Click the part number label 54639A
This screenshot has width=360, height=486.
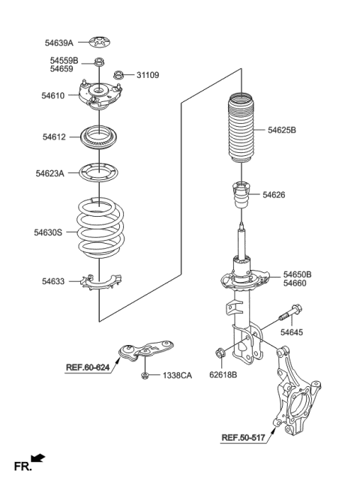tap(59, 43)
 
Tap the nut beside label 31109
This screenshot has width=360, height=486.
tap(118, 75)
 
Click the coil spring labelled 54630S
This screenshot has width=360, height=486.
tap(100, 229)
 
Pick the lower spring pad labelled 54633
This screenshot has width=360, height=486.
tap(100, 282)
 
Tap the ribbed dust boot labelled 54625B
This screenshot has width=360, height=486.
tap(241, 127)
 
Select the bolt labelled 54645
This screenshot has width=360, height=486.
tap(290, 313)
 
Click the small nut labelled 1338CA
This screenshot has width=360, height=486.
tap(145, 376)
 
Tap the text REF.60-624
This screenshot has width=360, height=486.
tap(88, 367)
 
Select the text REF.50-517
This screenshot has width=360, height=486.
tap(244, 438)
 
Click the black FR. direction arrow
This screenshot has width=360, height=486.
tap(37, 458)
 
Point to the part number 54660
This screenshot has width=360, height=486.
tap(295, 283)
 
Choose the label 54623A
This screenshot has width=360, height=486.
tap(50, 173)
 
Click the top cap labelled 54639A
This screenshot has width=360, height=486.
tap(100, 42)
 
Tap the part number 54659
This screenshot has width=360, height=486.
tap(61, 69)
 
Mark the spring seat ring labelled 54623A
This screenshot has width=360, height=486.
tap(99, 172)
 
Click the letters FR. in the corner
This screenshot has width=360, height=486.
tap(22, 466)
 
